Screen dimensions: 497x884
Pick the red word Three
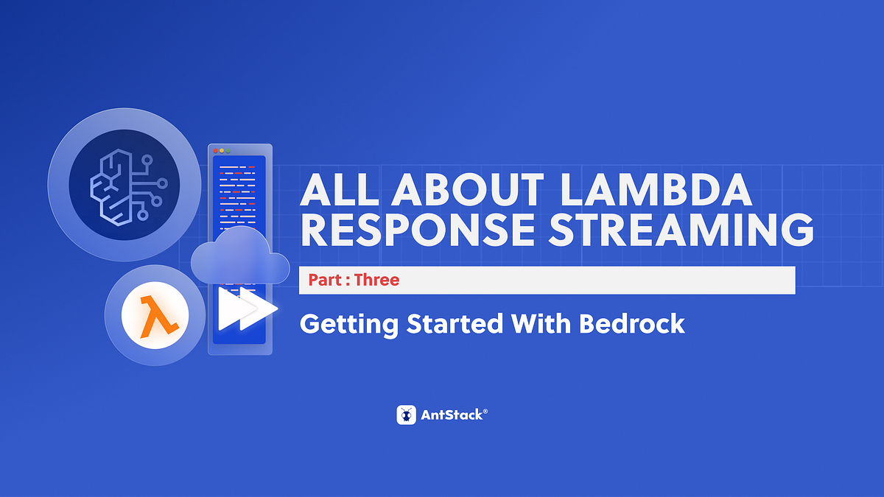376,281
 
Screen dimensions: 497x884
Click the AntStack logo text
453,415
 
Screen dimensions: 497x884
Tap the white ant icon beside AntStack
407,415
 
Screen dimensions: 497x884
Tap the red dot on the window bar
215,150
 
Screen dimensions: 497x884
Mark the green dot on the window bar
228,150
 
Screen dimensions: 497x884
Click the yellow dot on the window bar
222,150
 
